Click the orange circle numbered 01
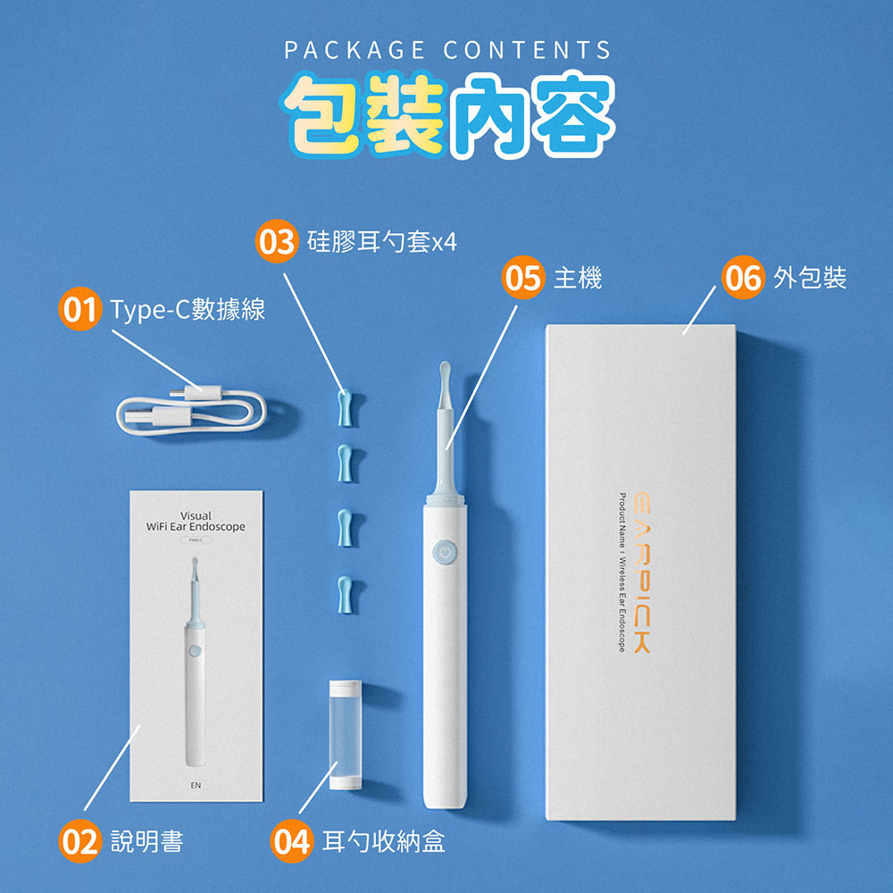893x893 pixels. click(79, 310)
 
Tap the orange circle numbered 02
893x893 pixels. click(79, 840)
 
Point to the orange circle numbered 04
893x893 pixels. click(293, 840)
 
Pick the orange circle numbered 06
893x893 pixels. click(741, 279)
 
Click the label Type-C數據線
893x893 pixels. click(188, 310)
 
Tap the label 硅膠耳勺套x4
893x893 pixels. click(382, 242)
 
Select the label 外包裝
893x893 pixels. click(810, 279)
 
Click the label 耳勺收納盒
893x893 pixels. click(384, 840)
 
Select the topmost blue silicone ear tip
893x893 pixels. click(344, 407)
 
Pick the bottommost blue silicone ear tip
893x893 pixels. click(344, 593)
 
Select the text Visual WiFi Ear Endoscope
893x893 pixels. click(196, 522)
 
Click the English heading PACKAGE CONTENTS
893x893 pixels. click(447, 50)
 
